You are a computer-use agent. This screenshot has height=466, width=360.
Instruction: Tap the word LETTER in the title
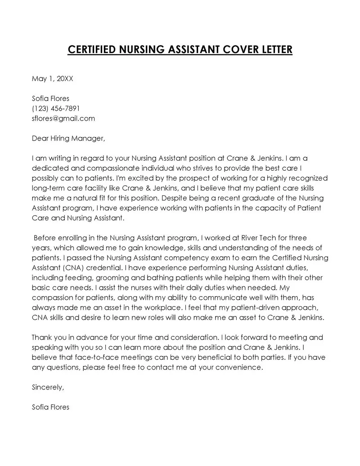[x=275, y=49]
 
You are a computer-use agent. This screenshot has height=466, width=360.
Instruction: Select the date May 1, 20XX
[x=52, y=79]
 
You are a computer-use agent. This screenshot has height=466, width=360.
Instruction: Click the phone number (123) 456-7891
[x=56, y=109]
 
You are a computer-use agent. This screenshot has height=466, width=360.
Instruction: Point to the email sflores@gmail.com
[x=63, y=118]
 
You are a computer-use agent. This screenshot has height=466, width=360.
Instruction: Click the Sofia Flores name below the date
[x=50, y=99]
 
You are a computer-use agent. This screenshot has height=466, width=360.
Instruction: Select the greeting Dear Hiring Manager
[x=68, y=138]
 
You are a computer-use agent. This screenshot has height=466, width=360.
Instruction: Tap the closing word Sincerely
[x=48, y=387]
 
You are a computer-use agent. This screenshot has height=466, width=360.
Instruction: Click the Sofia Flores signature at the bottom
[x=50, y=407]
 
